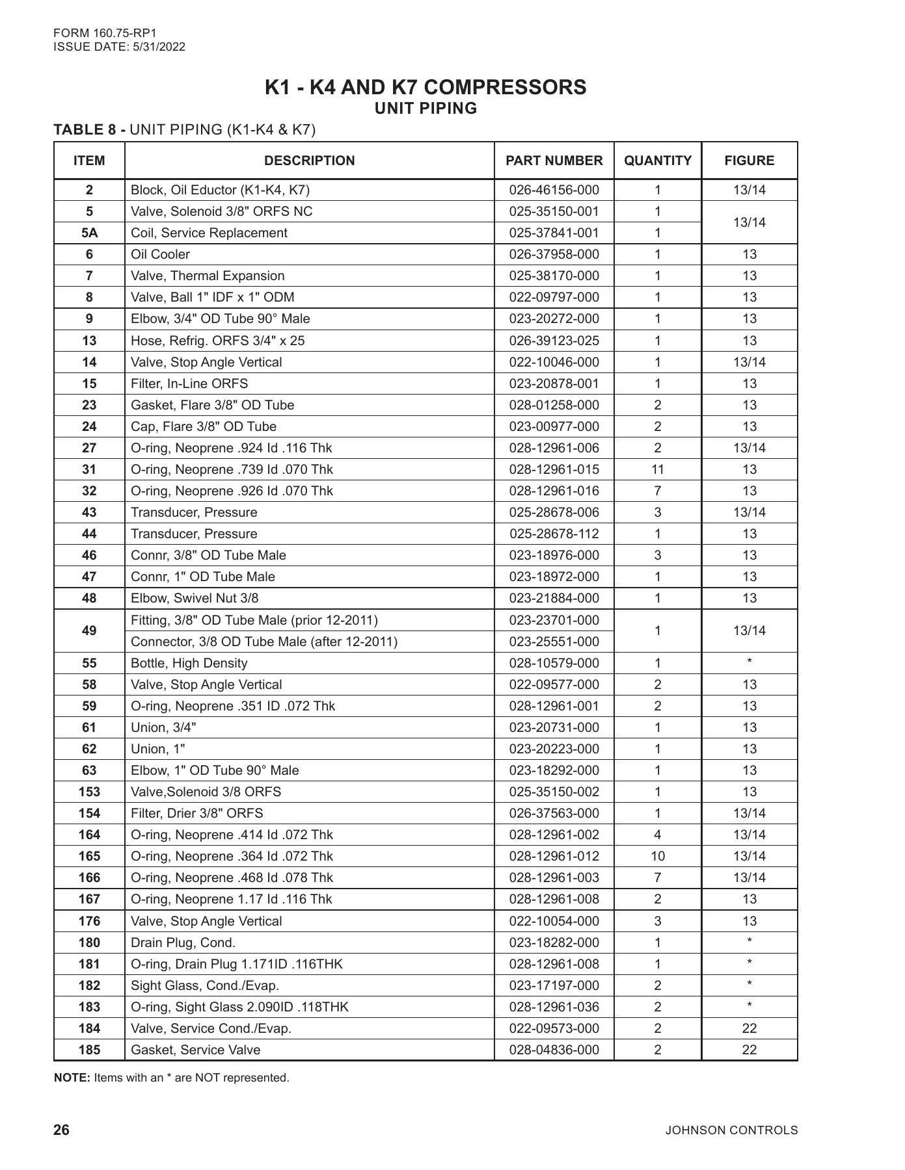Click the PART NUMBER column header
[x=554, y=161]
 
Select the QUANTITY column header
[x=657, y=161]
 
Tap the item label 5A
[x=89, y=233]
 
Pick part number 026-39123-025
[x=554, y=341]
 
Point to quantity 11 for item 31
[x=657, y=469]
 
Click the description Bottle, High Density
[x=189, y=663]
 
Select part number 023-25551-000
[x=554, y=642]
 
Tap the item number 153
[x=89, y=792]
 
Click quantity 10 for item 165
[x=657, y=856]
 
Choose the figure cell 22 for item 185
[x=749, y=1050]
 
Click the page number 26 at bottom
[x=61, y=1130]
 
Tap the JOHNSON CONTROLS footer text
[x=731, y=1130]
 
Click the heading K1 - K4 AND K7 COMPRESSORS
[x=425, y=87]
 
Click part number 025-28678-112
[x=554, y=534]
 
